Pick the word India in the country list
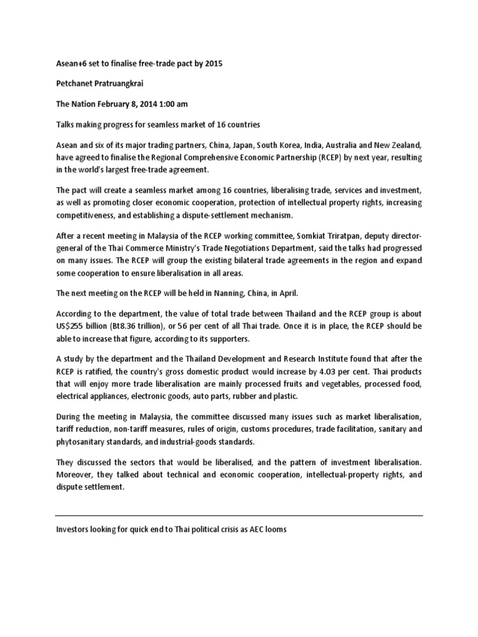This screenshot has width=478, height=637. (x=316, y=146)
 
